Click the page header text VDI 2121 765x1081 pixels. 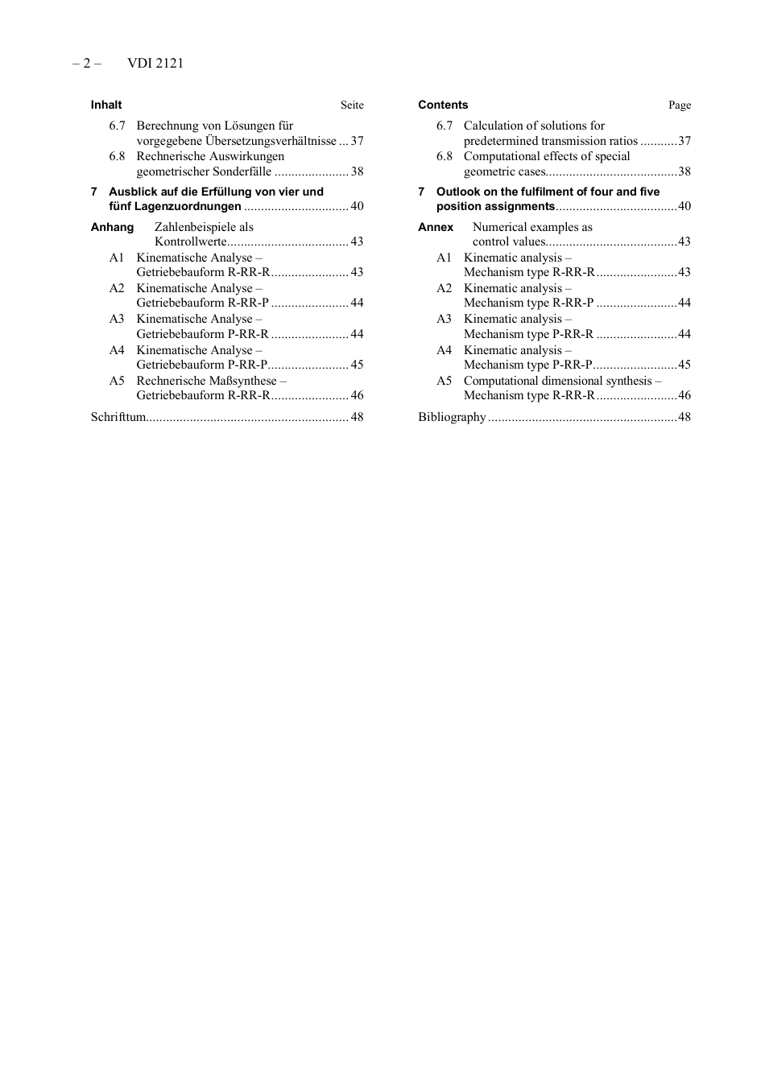pos(155,64)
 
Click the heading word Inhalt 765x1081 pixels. pos(106,105)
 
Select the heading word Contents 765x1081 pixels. pos(443,105)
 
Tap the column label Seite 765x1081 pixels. pos(352,105)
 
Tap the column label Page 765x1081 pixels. pos(680,105)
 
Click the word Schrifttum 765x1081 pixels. pos(118,417)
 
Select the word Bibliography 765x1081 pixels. pos(452,417)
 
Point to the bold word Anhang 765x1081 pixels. pos(112,227)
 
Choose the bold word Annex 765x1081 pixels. pos(436,227)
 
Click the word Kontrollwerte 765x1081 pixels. pos(191,241)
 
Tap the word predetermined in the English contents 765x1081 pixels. pos(500,141)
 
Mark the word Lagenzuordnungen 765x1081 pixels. pos(188,206)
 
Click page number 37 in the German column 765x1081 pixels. pos(357,141)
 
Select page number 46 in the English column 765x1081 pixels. pos(684,395)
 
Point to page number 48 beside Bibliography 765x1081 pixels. pos(684,417)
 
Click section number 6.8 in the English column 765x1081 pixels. pos(445,156)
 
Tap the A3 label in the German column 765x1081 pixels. pos(117,319)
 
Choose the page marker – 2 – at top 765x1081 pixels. pos(87,64)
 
